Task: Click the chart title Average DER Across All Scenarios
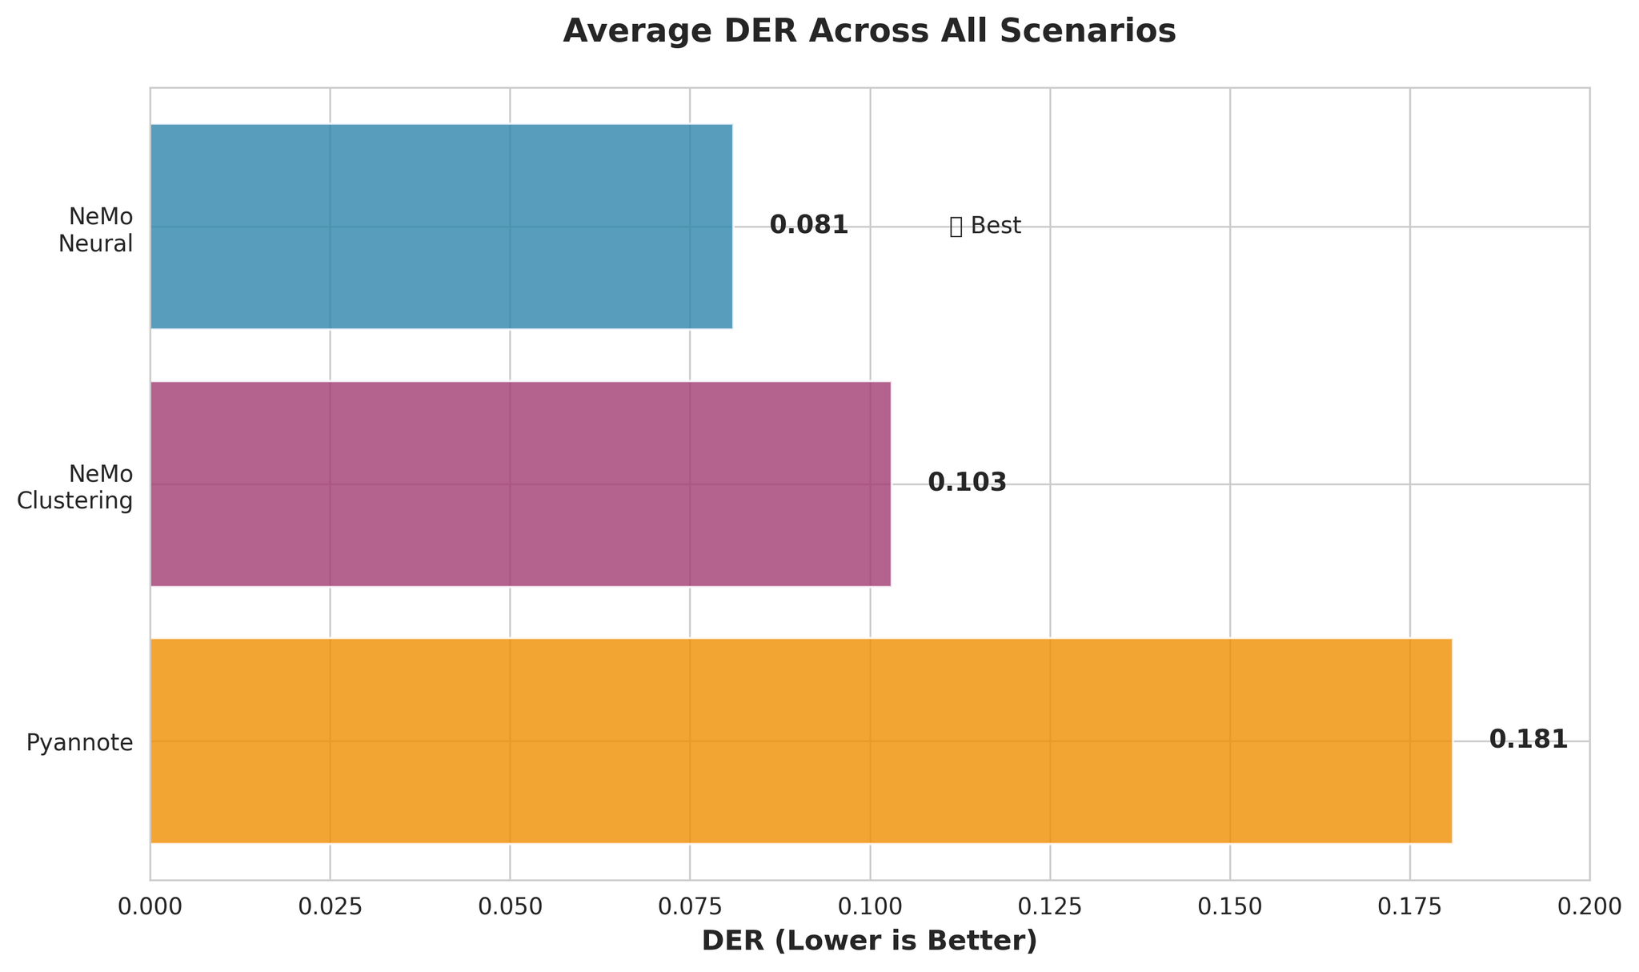(869, 31)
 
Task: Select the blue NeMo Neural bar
(441, 226)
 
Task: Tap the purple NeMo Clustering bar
(520, 484)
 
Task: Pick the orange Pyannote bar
(800, 741)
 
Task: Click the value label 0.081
(808, 226)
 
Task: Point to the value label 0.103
(967, 483)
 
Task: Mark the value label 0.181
(1528, 740)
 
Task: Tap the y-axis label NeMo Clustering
(75, 488)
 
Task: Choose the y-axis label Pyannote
(79, 743)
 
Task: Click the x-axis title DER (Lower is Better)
(869, 942)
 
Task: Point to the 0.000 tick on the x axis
(150, 906)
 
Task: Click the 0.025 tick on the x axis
(330, 906)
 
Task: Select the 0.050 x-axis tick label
(510, 906)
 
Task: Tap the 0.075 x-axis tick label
(690, 906)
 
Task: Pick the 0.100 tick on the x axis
(870, 906)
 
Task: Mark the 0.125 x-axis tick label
(1050, 906)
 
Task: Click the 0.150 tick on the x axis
(1230, 906)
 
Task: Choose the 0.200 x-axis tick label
(1589, 906)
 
